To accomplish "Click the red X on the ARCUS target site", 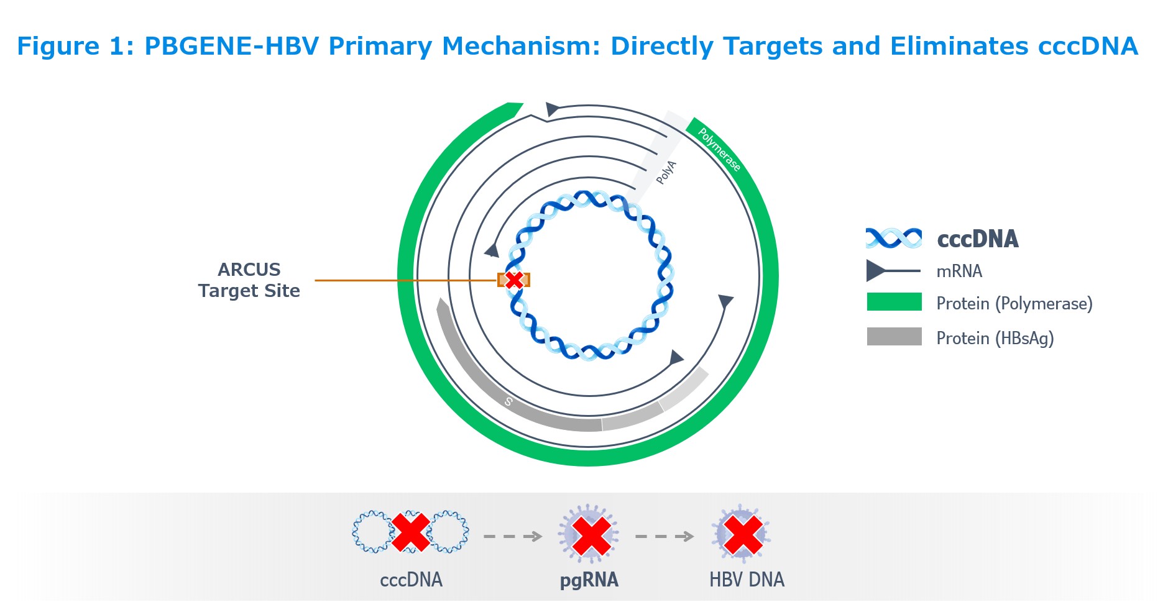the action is pyautogui.click(x=513, y=280).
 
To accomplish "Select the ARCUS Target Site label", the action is pyautogui.click(x=249, y=280).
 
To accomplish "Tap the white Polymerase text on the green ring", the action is pyautogui.click(x=719, y=149).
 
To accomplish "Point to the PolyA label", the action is pyautogui.click(x=666, y=172).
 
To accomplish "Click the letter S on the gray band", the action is pyautogui.click(x=508, y=401).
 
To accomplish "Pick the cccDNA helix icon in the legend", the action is pyautogui.click(x=894, y=238).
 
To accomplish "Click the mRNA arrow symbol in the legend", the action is pyautogui.click(x=893, y=271).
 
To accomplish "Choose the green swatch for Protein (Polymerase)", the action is pyautogui.click(x=894, y=302).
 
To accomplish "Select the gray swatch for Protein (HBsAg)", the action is pyautogui.click(x=894, y=336).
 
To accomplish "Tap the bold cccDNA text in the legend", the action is pyautogui.click(x=978, y=239).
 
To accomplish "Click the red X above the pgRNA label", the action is pyautogui.click(x=591, y=536).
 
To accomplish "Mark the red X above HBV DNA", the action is pyautogui.click(x=743, y=535).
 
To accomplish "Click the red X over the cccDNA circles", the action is pyautogui.click(x=410, y=532).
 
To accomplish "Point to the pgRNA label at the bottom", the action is pyautogui.click(x=589, y=580).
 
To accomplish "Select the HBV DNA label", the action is pyautogui.click(x=747, y=580).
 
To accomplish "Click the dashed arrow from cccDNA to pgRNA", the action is pyautogui.click(x=513, y=536).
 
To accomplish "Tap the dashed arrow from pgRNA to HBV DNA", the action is pyautogui.click(x=664, y=536).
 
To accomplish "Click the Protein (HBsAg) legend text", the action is pyautogui.click(x=995, y=338).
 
